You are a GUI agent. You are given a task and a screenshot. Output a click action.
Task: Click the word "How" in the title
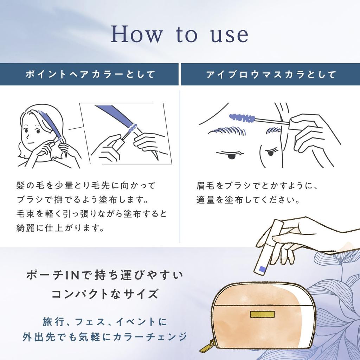137,34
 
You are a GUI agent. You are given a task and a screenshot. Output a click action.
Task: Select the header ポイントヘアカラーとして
90,75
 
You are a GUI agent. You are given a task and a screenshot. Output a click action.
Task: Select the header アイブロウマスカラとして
271,75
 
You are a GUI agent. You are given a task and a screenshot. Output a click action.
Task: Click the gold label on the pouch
262,314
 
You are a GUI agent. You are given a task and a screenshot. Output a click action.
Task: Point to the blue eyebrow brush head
242,117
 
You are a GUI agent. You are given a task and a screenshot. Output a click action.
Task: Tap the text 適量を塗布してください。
248,200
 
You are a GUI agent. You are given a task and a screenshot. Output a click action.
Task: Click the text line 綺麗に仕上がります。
60,228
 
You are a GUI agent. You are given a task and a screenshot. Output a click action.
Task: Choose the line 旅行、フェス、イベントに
105,322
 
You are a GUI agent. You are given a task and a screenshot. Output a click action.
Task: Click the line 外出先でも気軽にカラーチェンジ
105,336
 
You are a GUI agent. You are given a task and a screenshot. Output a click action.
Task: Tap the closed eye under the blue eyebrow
230,155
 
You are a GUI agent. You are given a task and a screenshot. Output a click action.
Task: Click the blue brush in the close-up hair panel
133,128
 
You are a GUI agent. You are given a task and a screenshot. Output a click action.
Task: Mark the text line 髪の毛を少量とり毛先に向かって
86,186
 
